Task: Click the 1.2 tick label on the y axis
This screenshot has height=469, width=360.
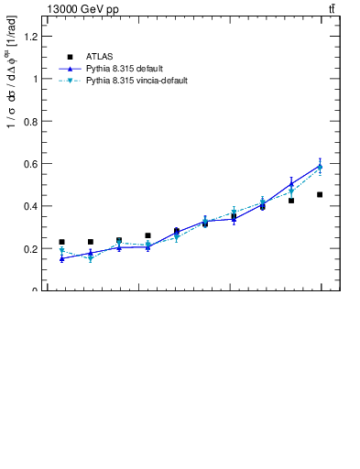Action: pyautogui.click(x=31, y=37)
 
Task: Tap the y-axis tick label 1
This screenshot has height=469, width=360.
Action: pyautogui.click(x=35, y=79)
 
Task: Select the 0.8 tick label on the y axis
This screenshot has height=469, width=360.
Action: pyautogui.click(x=31, y=121)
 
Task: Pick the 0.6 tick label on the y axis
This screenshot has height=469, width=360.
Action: pyautogui.click(x=31, y=164)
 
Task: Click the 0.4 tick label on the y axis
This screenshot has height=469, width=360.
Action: pyautogui.click(x=31, y=206)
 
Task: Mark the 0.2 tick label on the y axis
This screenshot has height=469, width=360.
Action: pyautogui.click(x=31, y=248)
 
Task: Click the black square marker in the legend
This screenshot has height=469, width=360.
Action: pyautogui.click(x=69, y=57)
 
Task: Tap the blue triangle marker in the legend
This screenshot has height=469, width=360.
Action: pyautogui.click(x=69, y=69)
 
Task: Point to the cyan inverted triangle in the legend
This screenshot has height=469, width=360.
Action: pyautogui.click(x=69, y=81)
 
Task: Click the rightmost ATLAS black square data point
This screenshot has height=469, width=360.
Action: pyautogui.click(x=320, y=194)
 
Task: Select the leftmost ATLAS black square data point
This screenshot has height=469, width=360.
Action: pyautogui.click(x=61, y=242)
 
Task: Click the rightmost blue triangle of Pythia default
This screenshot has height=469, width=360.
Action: pyautogui.click(x=320, y=166)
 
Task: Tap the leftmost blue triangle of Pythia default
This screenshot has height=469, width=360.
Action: pyautogui.click(x=61, y=258)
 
